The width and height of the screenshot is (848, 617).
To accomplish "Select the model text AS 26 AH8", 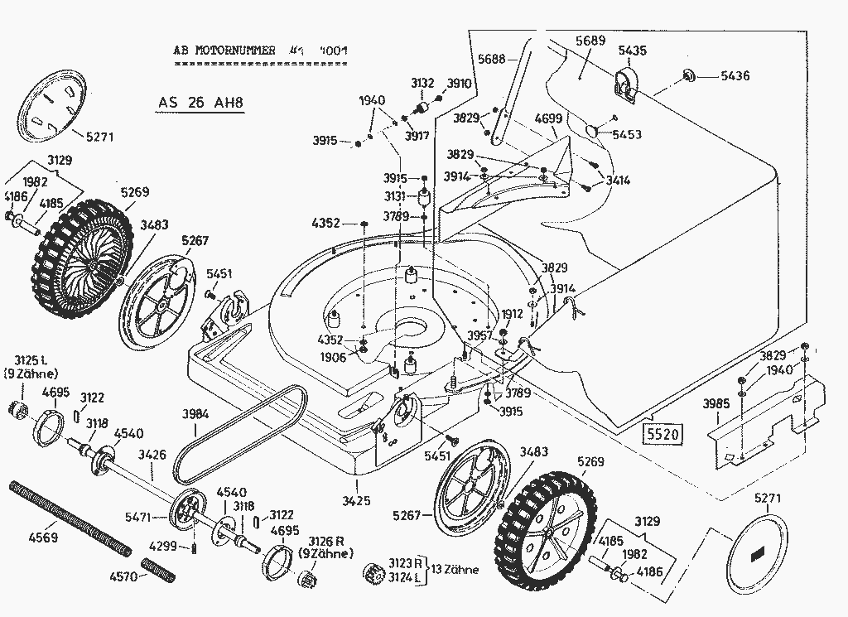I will [202, 104].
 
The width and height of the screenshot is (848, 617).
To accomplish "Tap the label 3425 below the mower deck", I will [356, 499].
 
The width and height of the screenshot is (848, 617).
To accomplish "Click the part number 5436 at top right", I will [735, 76].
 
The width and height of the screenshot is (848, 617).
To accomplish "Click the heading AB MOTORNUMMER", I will [224, 51].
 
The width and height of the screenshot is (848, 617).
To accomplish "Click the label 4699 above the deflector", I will [548, 118].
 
